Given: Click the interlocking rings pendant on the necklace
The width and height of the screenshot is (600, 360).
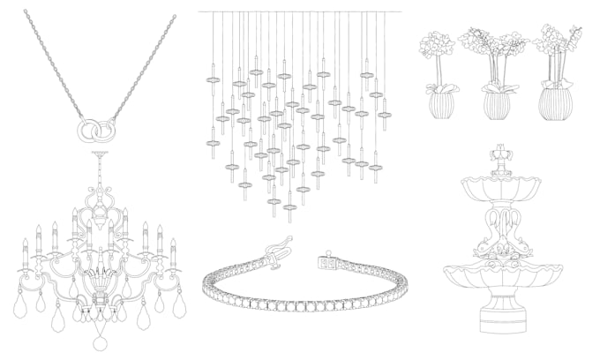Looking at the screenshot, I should (x=94, y=130).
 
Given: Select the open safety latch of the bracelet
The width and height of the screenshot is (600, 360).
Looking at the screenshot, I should (x=273, y=257).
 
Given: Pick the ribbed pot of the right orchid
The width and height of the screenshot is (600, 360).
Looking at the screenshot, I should (x=556, y=104).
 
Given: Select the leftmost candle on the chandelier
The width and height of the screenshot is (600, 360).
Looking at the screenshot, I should (x=25, y=250).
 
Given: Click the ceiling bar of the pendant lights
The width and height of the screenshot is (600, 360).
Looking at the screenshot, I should (x=300, y=11).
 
